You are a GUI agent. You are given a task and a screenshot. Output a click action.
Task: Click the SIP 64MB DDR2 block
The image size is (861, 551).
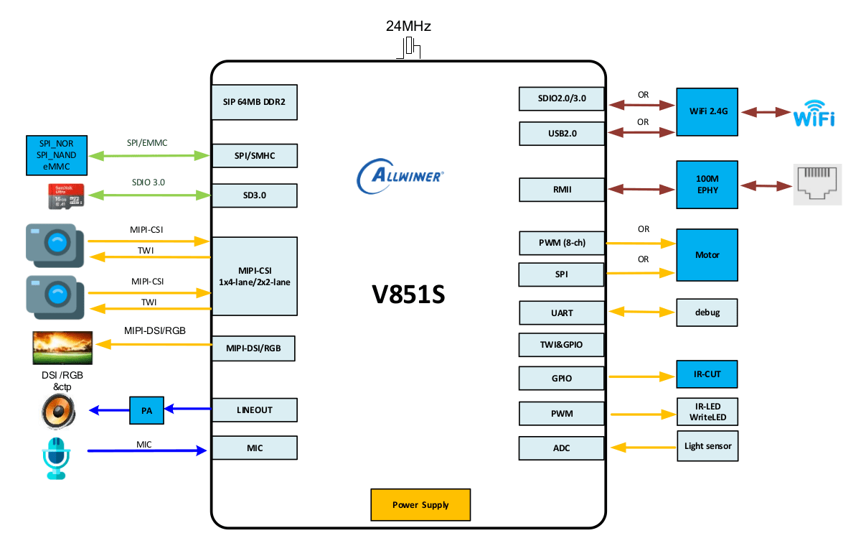tap(254, 102)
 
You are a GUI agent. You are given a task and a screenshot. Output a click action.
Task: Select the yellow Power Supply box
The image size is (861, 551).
tap(420, 505)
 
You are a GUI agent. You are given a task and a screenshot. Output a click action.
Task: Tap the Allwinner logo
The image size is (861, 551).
tap(401, 175)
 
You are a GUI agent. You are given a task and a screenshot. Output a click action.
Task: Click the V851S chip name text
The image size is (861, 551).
tap(408, 295)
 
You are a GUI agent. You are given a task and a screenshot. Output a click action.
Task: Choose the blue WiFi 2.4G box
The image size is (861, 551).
tap(707, 112)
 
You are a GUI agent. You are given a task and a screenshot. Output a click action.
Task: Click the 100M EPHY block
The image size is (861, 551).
tap(707, 185)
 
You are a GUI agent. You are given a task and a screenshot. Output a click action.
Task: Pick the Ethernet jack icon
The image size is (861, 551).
tap(817, 185)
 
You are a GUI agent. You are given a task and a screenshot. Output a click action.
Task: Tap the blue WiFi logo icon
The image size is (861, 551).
tap(814, 114)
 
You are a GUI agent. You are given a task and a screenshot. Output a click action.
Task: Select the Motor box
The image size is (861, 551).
tap(707, 255)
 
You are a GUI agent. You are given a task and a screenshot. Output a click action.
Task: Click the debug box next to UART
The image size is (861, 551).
tap(707, 312)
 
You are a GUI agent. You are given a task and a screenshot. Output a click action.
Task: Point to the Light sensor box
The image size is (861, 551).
tap(707, 446)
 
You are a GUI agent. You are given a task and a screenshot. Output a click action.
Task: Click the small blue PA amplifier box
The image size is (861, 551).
tap(146, 410)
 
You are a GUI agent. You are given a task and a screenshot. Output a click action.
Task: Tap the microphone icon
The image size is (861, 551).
tap(55, 457)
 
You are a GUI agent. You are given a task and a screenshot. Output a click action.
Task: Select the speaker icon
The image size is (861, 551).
tap(58, 412)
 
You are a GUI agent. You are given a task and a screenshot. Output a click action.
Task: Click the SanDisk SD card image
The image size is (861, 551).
tap(65, 196)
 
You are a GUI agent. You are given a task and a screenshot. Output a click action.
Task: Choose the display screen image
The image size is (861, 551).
tap(62, 348)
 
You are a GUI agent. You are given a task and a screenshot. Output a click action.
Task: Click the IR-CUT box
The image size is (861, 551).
tap(707, 375)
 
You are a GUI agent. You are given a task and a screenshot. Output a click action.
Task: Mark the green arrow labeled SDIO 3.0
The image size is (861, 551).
tap(149, 195)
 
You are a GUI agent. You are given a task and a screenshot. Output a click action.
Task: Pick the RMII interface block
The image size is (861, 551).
tap(562, 190)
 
